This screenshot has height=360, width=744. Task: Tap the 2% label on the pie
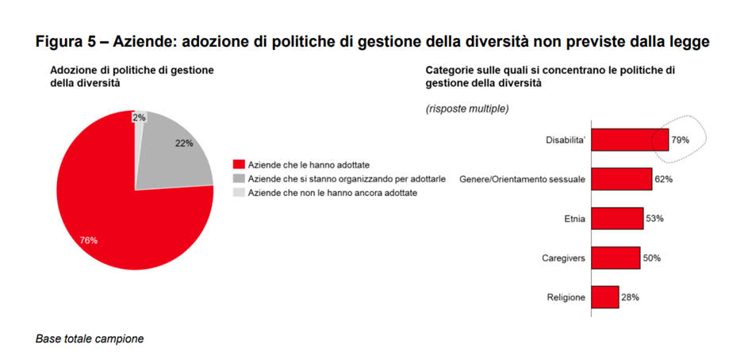tap(139, 117)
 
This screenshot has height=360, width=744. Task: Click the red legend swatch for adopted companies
tap(238, 163)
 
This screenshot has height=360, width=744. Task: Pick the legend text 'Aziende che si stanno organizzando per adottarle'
tap(336, 178)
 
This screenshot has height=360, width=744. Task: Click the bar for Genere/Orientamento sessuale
tap(622, 179)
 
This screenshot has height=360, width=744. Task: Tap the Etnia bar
tap(617, 218)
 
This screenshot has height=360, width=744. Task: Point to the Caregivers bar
tap(616, 258)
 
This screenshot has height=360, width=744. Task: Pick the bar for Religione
tap(605, 297)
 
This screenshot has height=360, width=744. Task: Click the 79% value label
tap(681, 140)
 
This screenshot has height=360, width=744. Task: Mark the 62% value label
tap(663, 179)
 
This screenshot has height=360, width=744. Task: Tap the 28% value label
tap(630, 297)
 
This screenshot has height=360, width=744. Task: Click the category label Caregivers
tap(563, 259)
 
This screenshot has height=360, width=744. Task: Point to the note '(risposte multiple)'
tap(467, 108)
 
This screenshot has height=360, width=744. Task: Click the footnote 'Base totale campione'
tap(90, 339)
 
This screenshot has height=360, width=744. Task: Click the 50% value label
tap(651, 258)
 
